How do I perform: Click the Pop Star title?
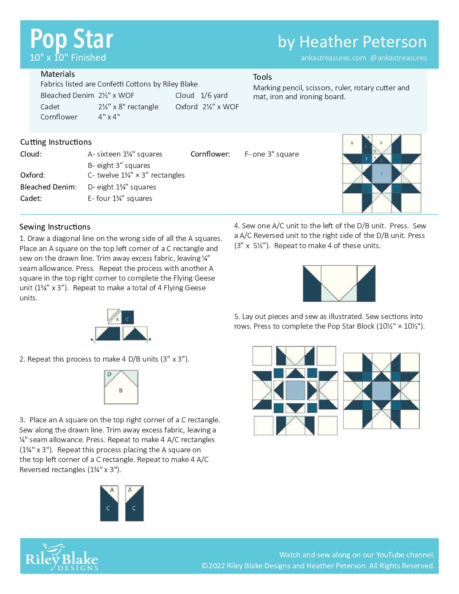pos(71,39)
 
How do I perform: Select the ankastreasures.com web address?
pos(333,58)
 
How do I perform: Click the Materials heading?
pos(58,74)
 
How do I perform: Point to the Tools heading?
pos(262,77)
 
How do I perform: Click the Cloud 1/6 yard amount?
pos(214,96)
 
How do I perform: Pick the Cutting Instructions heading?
pos(56,142)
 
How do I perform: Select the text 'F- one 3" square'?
pos(271,154)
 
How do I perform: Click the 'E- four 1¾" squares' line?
pos(120,198)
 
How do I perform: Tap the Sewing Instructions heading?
pos(55,227)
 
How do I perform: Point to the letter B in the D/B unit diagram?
pos(121,391)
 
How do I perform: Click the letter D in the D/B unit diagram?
pos(109,374)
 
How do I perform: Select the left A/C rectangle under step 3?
pos(109,503)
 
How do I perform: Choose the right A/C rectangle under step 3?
pos(135,503)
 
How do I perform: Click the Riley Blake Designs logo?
pos(62,558)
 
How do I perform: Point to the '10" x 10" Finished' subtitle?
pos(67,58)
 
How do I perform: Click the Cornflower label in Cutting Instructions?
pos(210,154)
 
